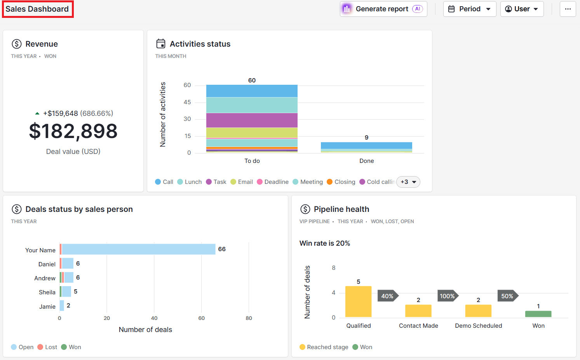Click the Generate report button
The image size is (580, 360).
pos(383,9)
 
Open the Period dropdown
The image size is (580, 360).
pos(469,9)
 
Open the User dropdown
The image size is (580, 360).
pos(521,9)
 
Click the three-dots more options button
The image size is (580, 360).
pos(568,9)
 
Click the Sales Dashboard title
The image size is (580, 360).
pos(37,9)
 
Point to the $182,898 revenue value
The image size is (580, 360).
pos(73,131)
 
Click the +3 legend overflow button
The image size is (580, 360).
pos(408,182)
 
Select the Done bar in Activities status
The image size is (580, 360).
pos(366,147)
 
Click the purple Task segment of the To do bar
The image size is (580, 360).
pos(252,120)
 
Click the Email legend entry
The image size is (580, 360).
pos(242,182)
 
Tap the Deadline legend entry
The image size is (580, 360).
pos(273,182)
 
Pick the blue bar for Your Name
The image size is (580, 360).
pos(138,249)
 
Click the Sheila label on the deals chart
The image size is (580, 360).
pos(47,292)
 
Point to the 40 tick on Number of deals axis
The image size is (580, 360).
pos(154,318)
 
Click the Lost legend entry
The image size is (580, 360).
pos(47,347)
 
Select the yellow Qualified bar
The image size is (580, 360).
pos(358,302)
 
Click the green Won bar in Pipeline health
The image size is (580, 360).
pos(538,314)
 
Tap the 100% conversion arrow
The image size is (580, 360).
pos(448,296)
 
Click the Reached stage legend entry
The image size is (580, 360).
pos(324,347)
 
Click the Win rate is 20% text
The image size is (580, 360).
pos(325,243)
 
